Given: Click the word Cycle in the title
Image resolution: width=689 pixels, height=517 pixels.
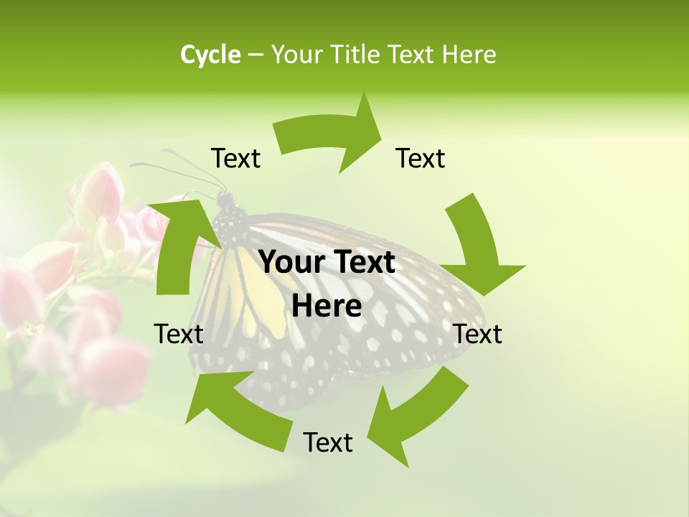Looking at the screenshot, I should click(210, 55).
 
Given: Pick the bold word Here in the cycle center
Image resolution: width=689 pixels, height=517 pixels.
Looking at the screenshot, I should click(327, 306).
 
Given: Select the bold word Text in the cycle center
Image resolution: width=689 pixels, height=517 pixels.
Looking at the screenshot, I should click(362, 262).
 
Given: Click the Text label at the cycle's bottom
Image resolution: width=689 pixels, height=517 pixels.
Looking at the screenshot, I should click(328, 443).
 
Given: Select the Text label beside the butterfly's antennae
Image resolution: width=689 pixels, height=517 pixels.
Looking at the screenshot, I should click(235, 158).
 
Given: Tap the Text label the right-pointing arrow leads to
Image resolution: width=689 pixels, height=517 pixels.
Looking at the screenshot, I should click(421, 158).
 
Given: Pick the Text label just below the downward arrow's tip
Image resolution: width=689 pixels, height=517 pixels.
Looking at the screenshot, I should click(477, 334).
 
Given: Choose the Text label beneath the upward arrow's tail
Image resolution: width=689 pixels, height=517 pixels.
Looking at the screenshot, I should click(179, 334).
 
